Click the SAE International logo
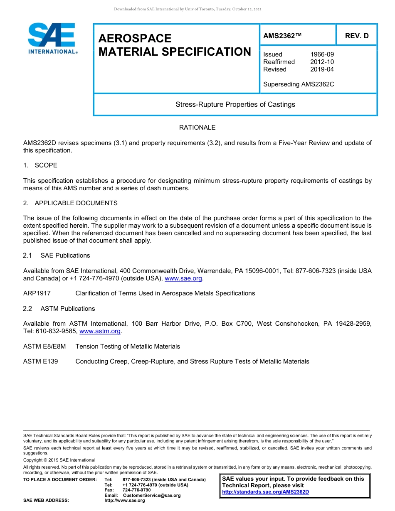[52, 38]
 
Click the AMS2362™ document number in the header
[282, 36]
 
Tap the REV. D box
[356, 36]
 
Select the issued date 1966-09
[322, 54]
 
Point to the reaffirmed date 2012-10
[322, 62]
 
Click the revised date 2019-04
[322, 69]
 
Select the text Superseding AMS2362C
[299, 84]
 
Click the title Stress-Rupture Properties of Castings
[235, 104]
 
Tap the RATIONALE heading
[197, 128]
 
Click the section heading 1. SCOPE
[40, 165]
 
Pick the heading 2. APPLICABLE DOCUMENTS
[70, 203]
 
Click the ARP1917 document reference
[37, 293]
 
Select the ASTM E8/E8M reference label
[44, 346]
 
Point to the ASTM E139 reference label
[41, 361]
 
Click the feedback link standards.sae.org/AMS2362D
[266, 492]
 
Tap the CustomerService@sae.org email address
[152, 495]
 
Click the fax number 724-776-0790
[137, 490]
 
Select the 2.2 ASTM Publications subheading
[59, 309]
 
